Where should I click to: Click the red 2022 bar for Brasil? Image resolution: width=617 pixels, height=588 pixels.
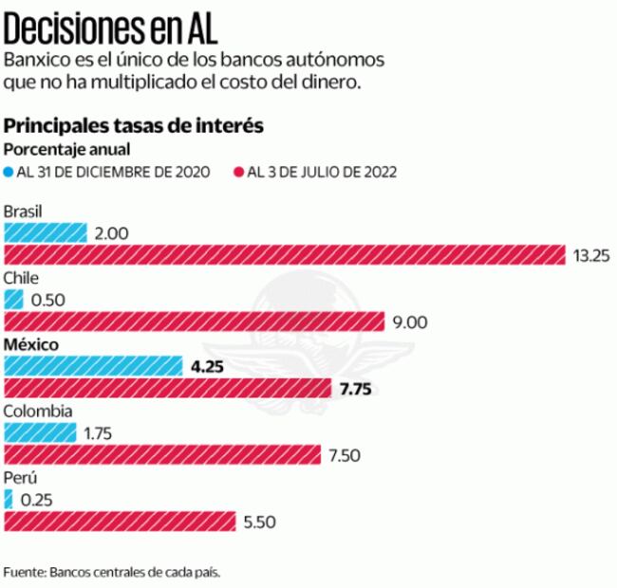point(285,255)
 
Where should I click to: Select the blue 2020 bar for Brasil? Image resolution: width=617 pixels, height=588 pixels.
point(46,232)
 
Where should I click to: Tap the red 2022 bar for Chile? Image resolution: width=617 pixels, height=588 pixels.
point(194,322)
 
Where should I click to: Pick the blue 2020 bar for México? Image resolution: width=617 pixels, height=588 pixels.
point(93,365)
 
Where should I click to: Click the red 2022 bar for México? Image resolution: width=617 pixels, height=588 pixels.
point(168,388)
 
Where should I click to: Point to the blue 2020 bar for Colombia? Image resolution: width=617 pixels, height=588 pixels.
point(41,432)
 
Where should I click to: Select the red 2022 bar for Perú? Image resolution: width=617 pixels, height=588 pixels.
point(120,522)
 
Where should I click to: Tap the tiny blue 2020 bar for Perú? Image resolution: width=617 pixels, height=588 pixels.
point(9,499)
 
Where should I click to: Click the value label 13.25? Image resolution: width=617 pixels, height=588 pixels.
point(589,256)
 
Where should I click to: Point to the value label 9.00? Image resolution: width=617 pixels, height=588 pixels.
point(410,322)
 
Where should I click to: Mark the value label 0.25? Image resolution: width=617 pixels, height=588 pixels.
point(35,500)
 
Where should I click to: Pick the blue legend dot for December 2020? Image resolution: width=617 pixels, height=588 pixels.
point(9,172)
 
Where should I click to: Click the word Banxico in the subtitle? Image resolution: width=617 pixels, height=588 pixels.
point(35,59)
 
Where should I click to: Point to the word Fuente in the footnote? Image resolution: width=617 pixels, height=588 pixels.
point(24,573)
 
